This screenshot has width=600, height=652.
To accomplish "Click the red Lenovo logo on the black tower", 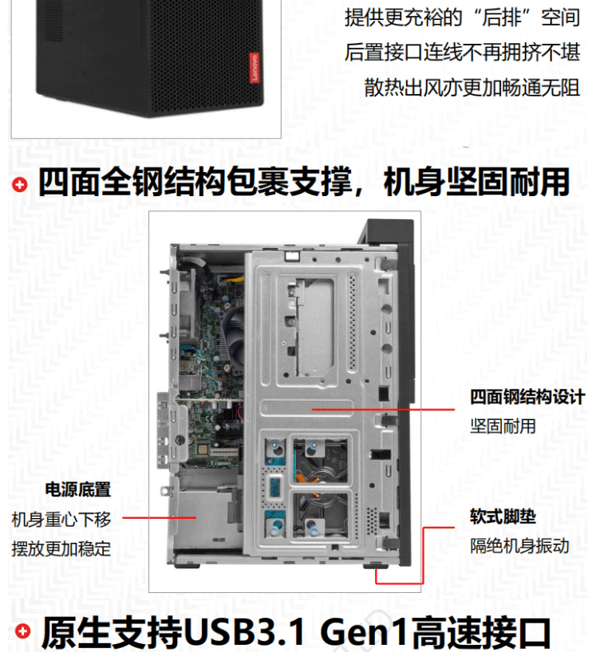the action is point(254,68).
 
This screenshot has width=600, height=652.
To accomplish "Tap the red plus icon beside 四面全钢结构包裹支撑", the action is point(20,184).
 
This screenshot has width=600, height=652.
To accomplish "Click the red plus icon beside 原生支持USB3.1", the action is point(23,631).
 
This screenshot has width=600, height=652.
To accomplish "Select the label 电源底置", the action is point(78,489).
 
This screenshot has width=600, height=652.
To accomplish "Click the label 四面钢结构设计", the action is point(527,397).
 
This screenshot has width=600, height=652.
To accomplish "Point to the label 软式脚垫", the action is point(503,516).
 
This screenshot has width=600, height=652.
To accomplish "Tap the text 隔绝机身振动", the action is point(519,546).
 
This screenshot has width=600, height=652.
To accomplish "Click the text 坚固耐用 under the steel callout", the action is point(503,426).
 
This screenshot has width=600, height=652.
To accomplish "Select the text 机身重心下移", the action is point(61,520).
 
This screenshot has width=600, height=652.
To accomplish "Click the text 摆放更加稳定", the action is point(61,549).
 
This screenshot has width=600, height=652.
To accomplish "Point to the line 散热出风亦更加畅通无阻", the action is point(472,88).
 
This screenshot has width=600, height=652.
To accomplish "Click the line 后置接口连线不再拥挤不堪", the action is point(463,53).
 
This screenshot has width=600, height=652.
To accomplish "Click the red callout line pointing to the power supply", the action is point(160,517).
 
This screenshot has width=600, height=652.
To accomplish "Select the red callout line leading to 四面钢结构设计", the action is point(383,410).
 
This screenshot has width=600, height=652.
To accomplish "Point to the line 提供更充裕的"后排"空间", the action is point(463,18).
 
